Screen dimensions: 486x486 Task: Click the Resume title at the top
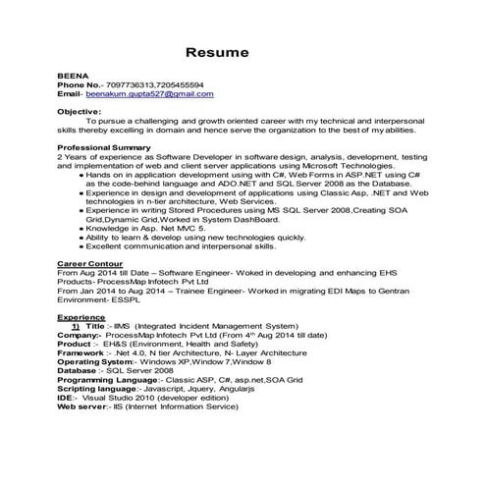point(218,50)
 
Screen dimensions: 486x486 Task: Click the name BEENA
point(70,76)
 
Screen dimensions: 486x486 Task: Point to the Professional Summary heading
point(104,146)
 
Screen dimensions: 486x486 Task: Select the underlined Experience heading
point(81,318)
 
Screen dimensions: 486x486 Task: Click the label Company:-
point(80,336)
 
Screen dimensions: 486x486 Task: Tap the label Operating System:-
point(98,362)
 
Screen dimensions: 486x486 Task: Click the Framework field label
point(82,353)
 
